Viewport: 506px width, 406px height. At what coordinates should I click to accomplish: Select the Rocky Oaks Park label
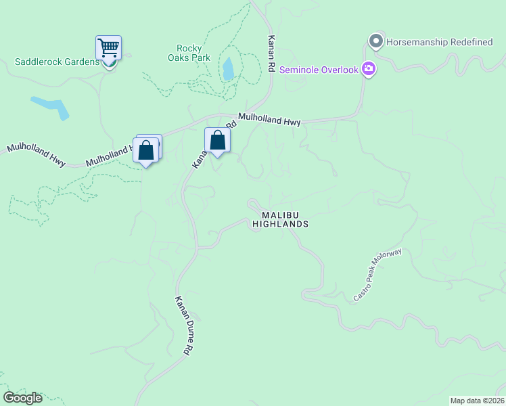tap(193, 53)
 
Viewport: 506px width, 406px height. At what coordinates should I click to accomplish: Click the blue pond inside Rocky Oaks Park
tap(228, 68)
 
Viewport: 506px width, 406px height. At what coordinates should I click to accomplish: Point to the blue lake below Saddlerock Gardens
tap(51, 107)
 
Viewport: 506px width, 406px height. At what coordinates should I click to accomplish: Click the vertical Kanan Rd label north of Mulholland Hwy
tap(271, 54)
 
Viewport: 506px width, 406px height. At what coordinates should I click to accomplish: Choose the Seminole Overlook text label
tap(317, 68)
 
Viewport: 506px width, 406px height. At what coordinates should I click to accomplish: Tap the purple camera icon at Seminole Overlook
tap(369, 68)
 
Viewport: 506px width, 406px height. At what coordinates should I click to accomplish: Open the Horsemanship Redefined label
tap(440, 42)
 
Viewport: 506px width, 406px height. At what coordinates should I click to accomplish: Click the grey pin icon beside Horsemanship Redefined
tap(376, 42)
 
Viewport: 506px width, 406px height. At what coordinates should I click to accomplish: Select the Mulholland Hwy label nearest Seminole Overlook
tap(269, 119)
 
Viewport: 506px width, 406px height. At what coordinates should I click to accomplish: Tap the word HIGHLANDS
tap(281, 224)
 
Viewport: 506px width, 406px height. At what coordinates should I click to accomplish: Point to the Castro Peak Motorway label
tap(377, 275)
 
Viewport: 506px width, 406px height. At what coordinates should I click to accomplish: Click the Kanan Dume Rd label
tap(184, 326)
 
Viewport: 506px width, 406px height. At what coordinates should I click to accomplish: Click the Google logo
tap(22, 398)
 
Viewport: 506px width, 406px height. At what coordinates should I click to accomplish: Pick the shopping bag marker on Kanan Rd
tap(217, 141)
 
